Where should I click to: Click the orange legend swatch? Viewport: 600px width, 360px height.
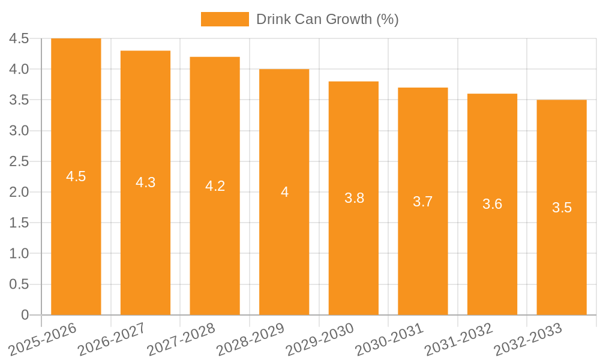click(224, 19)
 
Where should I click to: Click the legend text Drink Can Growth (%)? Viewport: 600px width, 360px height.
click(327, 19)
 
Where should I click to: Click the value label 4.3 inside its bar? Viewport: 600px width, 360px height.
click(146, 182)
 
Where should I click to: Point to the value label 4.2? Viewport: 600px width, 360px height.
click(215, 186)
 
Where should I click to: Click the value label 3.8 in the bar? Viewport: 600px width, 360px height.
click(354, 198)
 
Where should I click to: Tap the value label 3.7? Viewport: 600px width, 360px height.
click(423, 202)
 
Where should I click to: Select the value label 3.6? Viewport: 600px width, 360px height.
click(493, 204)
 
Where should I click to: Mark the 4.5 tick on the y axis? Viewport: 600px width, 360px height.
click(19, 38)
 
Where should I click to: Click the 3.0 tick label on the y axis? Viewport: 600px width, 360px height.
click(19, 131)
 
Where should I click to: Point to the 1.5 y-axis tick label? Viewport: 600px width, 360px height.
click(19, 223)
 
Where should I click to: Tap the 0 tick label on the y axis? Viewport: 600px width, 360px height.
click(25, 315)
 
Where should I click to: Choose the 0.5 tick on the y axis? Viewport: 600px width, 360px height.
click(19, 284)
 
